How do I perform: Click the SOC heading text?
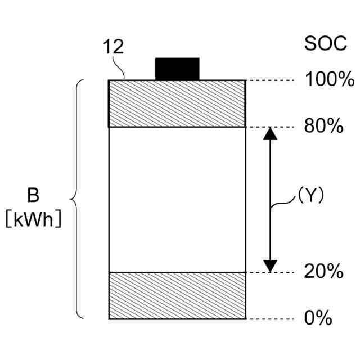[326, 44]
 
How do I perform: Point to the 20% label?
[323, 272]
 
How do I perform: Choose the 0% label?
[318, 318]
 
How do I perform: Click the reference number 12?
[113, 47]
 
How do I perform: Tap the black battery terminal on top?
[177, 69]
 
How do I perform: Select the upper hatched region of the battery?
[177, 104]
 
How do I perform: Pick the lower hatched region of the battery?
[177, 296]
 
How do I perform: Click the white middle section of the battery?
[177, 200]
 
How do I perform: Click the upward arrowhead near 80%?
[271, 133]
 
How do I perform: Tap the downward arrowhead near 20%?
[271, 265]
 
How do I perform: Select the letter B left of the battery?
[33, 196]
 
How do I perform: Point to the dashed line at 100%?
[270, 80]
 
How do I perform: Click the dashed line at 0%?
[270, 319]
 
